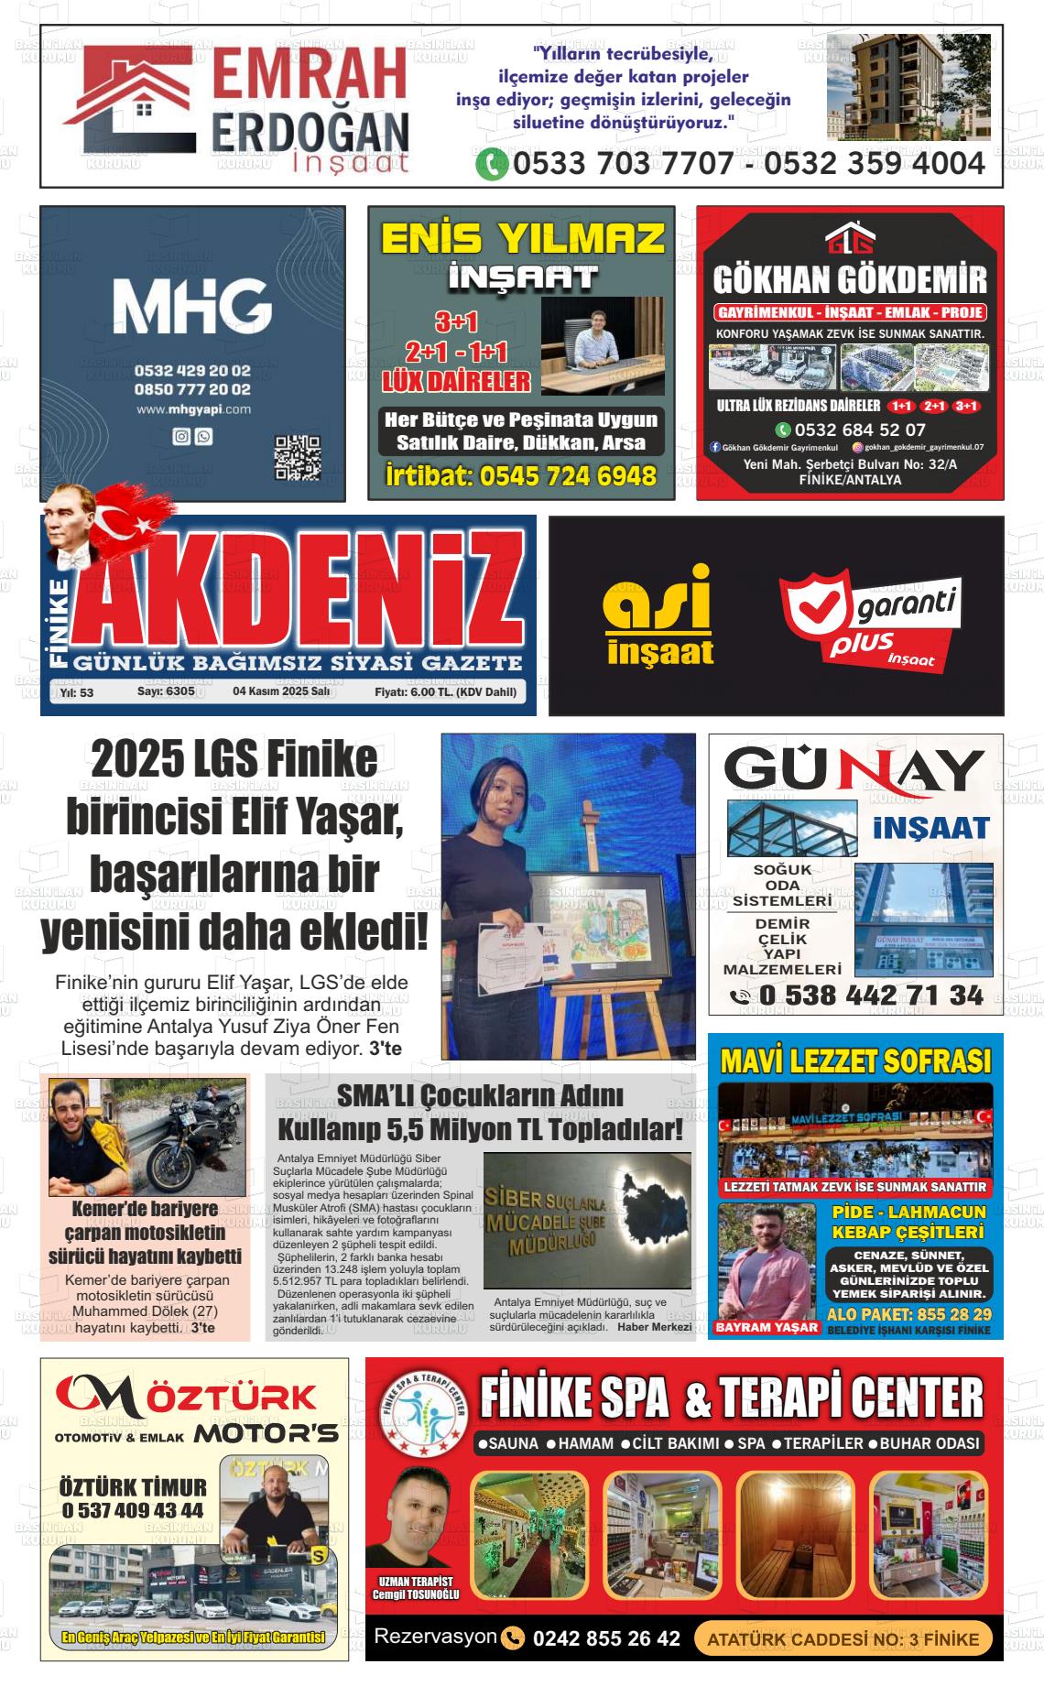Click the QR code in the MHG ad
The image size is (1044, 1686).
(x=298, y=458)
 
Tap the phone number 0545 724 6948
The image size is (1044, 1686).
(x=521, y=476)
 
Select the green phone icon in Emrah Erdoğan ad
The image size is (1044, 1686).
(x=492, y=165)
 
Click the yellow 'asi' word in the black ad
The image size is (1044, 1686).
(x=658, y=598)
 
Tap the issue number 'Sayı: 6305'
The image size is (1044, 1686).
(x=166, y=692)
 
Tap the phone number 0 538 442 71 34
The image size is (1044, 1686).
(x=871, y=995)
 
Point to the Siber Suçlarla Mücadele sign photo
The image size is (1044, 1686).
(x=587, y=1220)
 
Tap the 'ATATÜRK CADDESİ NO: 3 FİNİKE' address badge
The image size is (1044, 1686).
(x=843, y=1638)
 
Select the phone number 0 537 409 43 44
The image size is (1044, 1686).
(x=133, y=1510)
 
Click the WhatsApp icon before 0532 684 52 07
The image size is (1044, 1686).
(x=783, y=430)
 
